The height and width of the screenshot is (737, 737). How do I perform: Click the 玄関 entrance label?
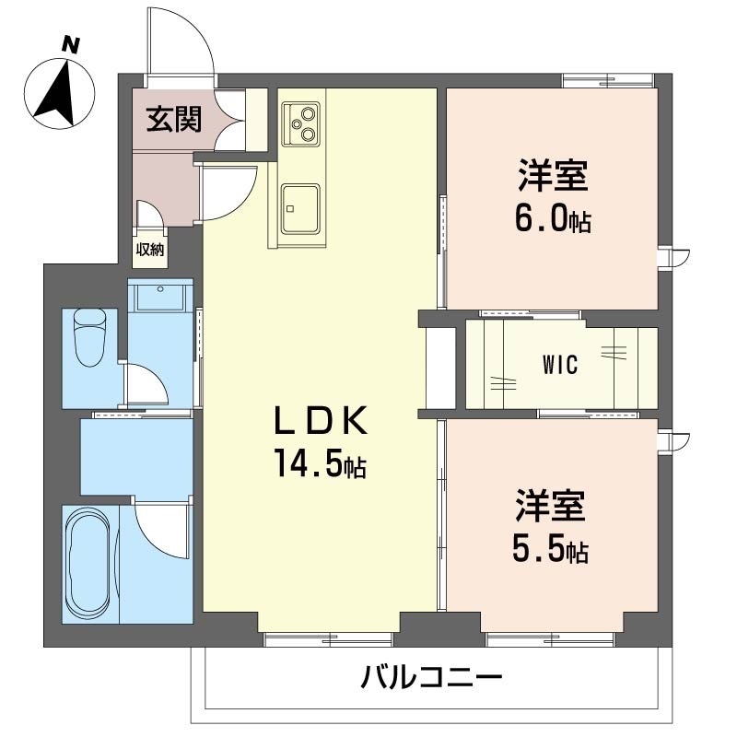174,119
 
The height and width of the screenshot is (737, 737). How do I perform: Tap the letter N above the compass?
71,44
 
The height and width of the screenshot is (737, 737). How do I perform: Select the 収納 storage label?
150,250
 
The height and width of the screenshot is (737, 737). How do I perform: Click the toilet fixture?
89,336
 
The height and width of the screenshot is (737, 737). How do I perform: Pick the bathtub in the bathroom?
90,564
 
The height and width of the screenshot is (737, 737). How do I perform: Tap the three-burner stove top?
301,124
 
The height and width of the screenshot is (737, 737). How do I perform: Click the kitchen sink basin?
300,209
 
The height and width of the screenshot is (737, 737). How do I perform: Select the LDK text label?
321,420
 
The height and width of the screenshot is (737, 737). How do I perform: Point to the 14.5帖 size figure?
321,462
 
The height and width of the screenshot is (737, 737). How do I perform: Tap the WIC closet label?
560,365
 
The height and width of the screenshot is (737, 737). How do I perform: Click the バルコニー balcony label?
431,677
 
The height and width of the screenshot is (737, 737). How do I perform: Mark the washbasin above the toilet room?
160,297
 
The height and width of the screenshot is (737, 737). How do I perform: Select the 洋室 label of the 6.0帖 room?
554,176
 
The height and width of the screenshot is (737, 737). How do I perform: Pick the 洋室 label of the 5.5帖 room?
550,506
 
